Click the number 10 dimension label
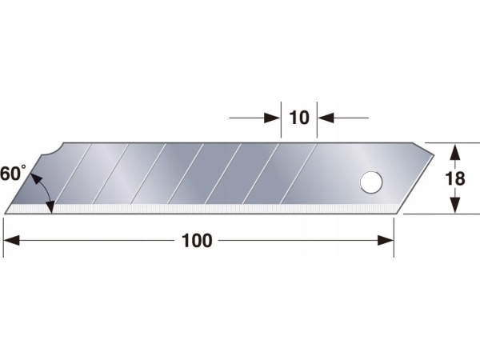pyautogui.click(x=298, y=118)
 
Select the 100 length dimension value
pyautogui.click(x=197, y=240)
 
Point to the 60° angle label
pyautogui.click(x=14, y=174)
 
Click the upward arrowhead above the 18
pyautogui.click(x=454, y=150)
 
